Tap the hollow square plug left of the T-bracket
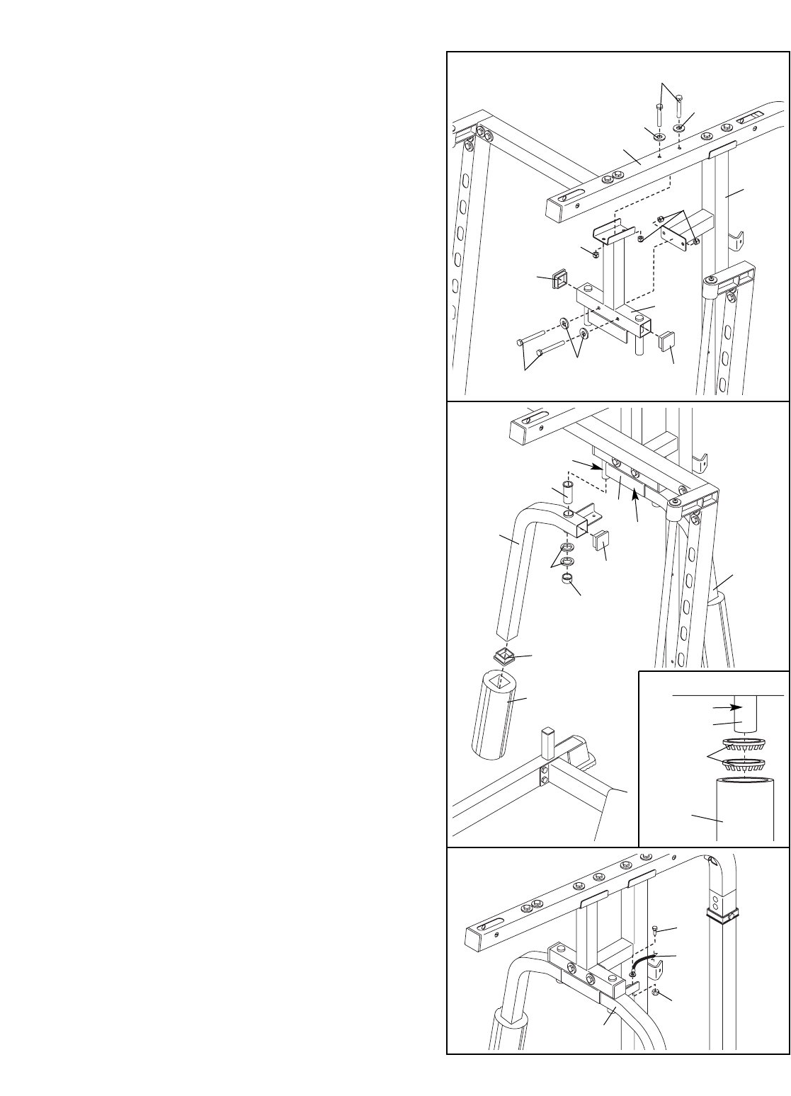(561, 282)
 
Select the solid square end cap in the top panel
(668, 343)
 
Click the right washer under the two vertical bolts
(679, 128)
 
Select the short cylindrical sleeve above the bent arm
(567, 491)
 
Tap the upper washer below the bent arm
(567, 548)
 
